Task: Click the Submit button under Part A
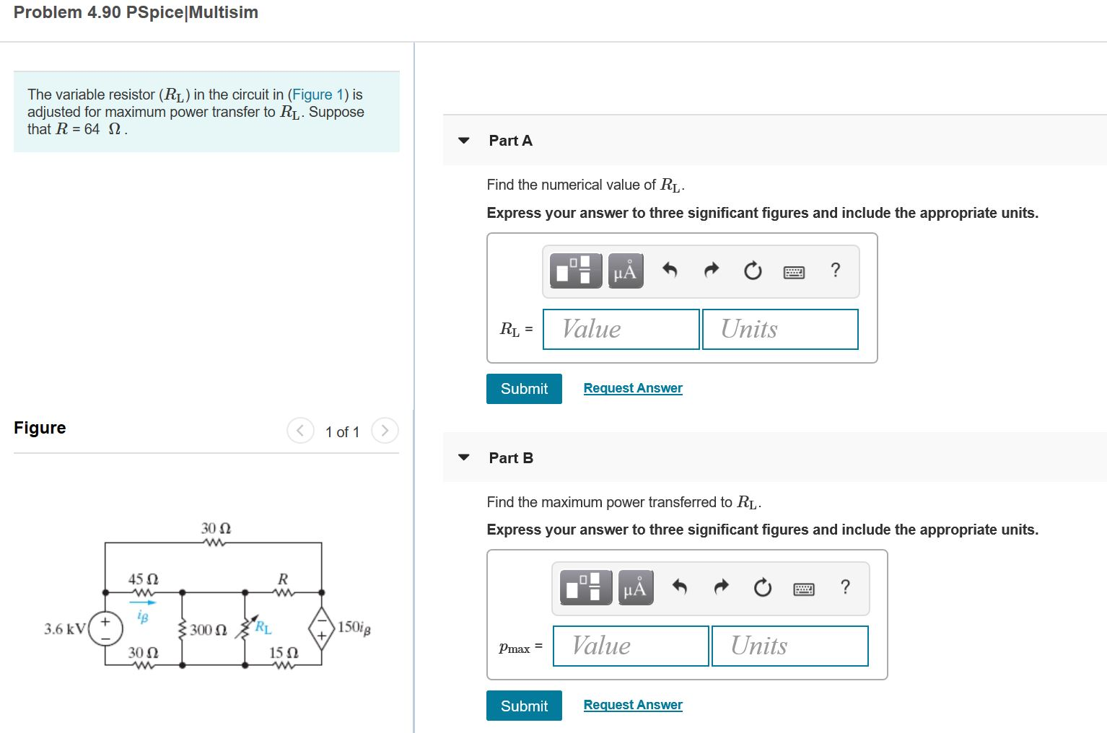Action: click(x=524, y=389)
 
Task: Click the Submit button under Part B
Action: click(x=524, y=706)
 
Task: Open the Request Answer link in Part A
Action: click(x=633, y=388)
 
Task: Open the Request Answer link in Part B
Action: click(x=633, y=705)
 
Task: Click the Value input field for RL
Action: click(x=621, y=329)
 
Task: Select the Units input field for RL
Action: click(x=780, y=329)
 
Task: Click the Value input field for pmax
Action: click(x=631, y=646)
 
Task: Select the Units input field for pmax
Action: click(x=789, y=646)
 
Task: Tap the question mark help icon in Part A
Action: click(x=836, y=271)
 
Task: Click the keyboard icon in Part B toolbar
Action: click(x=804, y=589)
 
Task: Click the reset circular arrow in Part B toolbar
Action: click(x=762, y=589)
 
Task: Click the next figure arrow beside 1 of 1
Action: click(x=385, y=431)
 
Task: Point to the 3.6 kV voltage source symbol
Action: click(x=105, y=628)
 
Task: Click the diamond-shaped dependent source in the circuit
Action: click(x=321, y=628)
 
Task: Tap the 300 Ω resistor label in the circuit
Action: click(x=208, y=630)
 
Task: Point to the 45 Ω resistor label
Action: click(x=143, y=579)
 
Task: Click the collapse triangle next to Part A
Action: click(x=464, y=141)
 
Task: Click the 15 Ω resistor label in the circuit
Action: click(x=284, y=653)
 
